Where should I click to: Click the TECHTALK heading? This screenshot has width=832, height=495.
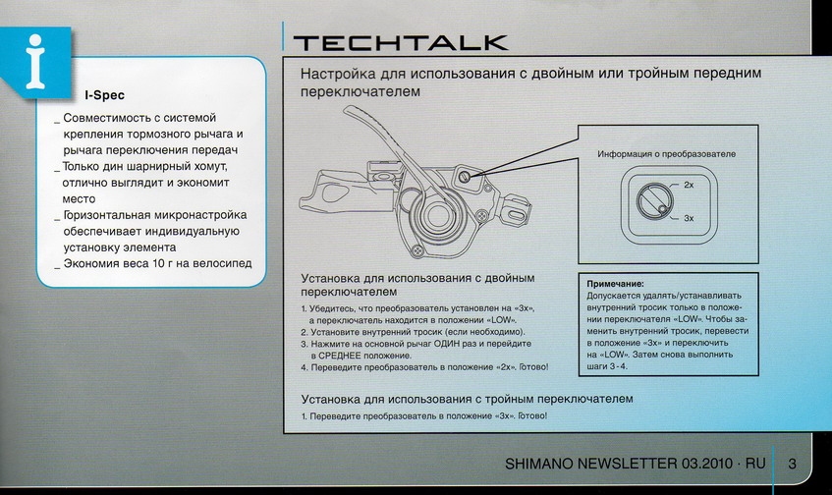tap(401, 42)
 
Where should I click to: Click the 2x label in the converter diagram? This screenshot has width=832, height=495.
tap(689, 185)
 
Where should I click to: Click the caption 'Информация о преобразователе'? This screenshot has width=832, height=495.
tap(666, 155)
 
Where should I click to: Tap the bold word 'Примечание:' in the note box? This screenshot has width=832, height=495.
tap(615, 284)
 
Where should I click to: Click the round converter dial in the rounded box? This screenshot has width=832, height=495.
tap(655, 201)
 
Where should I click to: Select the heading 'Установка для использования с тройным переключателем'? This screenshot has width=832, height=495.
tap(466, 399)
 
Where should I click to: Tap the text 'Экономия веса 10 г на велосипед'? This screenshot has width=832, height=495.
tap(157, 263)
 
